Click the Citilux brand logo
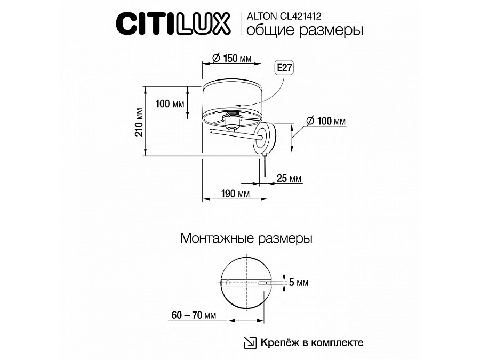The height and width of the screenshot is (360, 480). pyautogui.click(x=173, y=23)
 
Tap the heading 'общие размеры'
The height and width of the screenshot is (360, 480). pyautogui.click(x=305, y=30)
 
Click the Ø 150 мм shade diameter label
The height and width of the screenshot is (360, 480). pyautogui.click(x=231, y=58)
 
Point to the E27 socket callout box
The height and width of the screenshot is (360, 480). pyautogui.click(x=284, y=68)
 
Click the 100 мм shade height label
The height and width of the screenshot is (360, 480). pyautogui.click(x=170, y=104)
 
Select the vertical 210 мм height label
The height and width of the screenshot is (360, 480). pyautogui.click(x=140, y=122)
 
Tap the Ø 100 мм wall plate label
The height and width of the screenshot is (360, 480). pyautogui.click(x=326, y=121)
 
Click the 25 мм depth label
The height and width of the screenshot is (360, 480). pyautogui.click(x=289, y=178)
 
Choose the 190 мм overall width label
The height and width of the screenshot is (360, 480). pyautogui.click(x=235, y=194)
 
